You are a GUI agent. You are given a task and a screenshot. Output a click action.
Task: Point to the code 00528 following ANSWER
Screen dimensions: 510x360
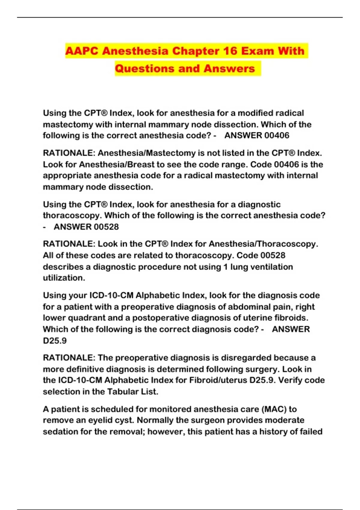pos(102,227)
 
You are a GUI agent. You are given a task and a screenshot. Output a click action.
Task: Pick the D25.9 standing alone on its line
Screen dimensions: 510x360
pos(55,340)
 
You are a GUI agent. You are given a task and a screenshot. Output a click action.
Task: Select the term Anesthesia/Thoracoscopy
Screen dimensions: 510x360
pos(263,244)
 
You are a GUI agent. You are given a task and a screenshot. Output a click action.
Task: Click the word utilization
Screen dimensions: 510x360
pos(64,278)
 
